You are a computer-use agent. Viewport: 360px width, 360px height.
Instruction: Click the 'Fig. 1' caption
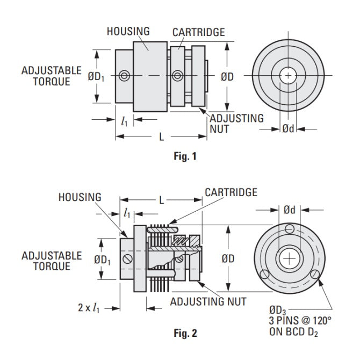185,156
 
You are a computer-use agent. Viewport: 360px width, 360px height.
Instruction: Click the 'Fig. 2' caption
185,333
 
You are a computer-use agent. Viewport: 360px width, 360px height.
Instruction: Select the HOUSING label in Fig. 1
128,31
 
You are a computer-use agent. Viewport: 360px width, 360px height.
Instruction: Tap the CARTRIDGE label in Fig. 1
199,32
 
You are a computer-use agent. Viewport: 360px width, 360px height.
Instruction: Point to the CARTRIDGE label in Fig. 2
231,192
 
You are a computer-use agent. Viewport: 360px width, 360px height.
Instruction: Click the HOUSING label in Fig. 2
80,197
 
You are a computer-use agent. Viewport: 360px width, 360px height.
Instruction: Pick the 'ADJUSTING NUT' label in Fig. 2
208,301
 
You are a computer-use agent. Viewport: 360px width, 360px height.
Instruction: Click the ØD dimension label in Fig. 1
227,77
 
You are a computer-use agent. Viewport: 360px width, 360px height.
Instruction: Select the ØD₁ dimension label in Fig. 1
96,77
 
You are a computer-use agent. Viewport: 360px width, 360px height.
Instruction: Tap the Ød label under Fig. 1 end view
288,129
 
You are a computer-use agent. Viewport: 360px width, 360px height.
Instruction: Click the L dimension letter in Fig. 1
162,137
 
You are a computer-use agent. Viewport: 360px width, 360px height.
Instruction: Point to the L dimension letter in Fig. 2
162,200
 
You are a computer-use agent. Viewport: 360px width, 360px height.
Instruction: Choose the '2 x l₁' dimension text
89,308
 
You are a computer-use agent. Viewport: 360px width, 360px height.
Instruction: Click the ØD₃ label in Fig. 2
278,311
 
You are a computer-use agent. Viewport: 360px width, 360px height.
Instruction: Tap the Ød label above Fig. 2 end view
289,210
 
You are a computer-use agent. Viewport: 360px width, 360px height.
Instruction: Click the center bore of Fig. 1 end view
288,75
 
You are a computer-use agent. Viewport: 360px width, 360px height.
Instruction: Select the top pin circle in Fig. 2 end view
289,229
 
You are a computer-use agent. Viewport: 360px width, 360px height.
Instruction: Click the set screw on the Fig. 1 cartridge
178,76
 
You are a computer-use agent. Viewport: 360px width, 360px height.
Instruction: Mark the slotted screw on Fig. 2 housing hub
128,259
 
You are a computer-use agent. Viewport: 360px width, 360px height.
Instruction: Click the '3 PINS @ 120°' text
300,321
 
